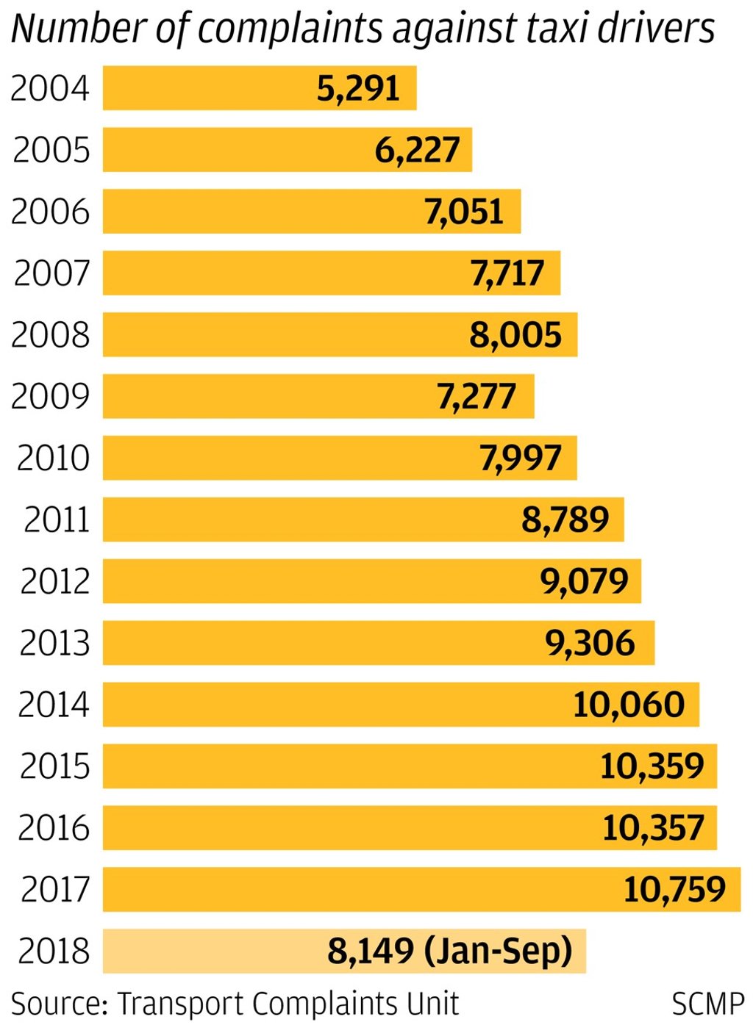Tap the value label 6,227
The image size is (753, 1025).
pos(417,150)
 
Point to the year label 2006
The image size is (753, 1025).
pos(50,212)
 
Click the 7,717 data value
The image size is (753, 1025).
pos(507,273)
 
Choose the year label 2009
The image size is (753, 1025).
pos(50,397)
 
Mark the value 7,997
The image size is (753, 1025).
pos(521,458)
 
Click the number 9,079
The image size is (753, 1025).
pos(585,582)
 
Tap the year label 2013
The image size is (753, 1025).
pos(54,644)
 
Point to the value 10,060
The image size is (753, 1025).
pos(629,705)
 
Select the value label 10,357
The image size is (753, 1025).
pos(653,828)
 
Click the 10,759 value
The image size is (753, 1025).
pos(674,890)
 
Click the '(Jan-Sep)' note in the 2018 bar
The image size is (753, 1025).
pos(499,952)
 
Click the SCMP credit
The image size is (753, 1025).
pos(707,1004)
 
